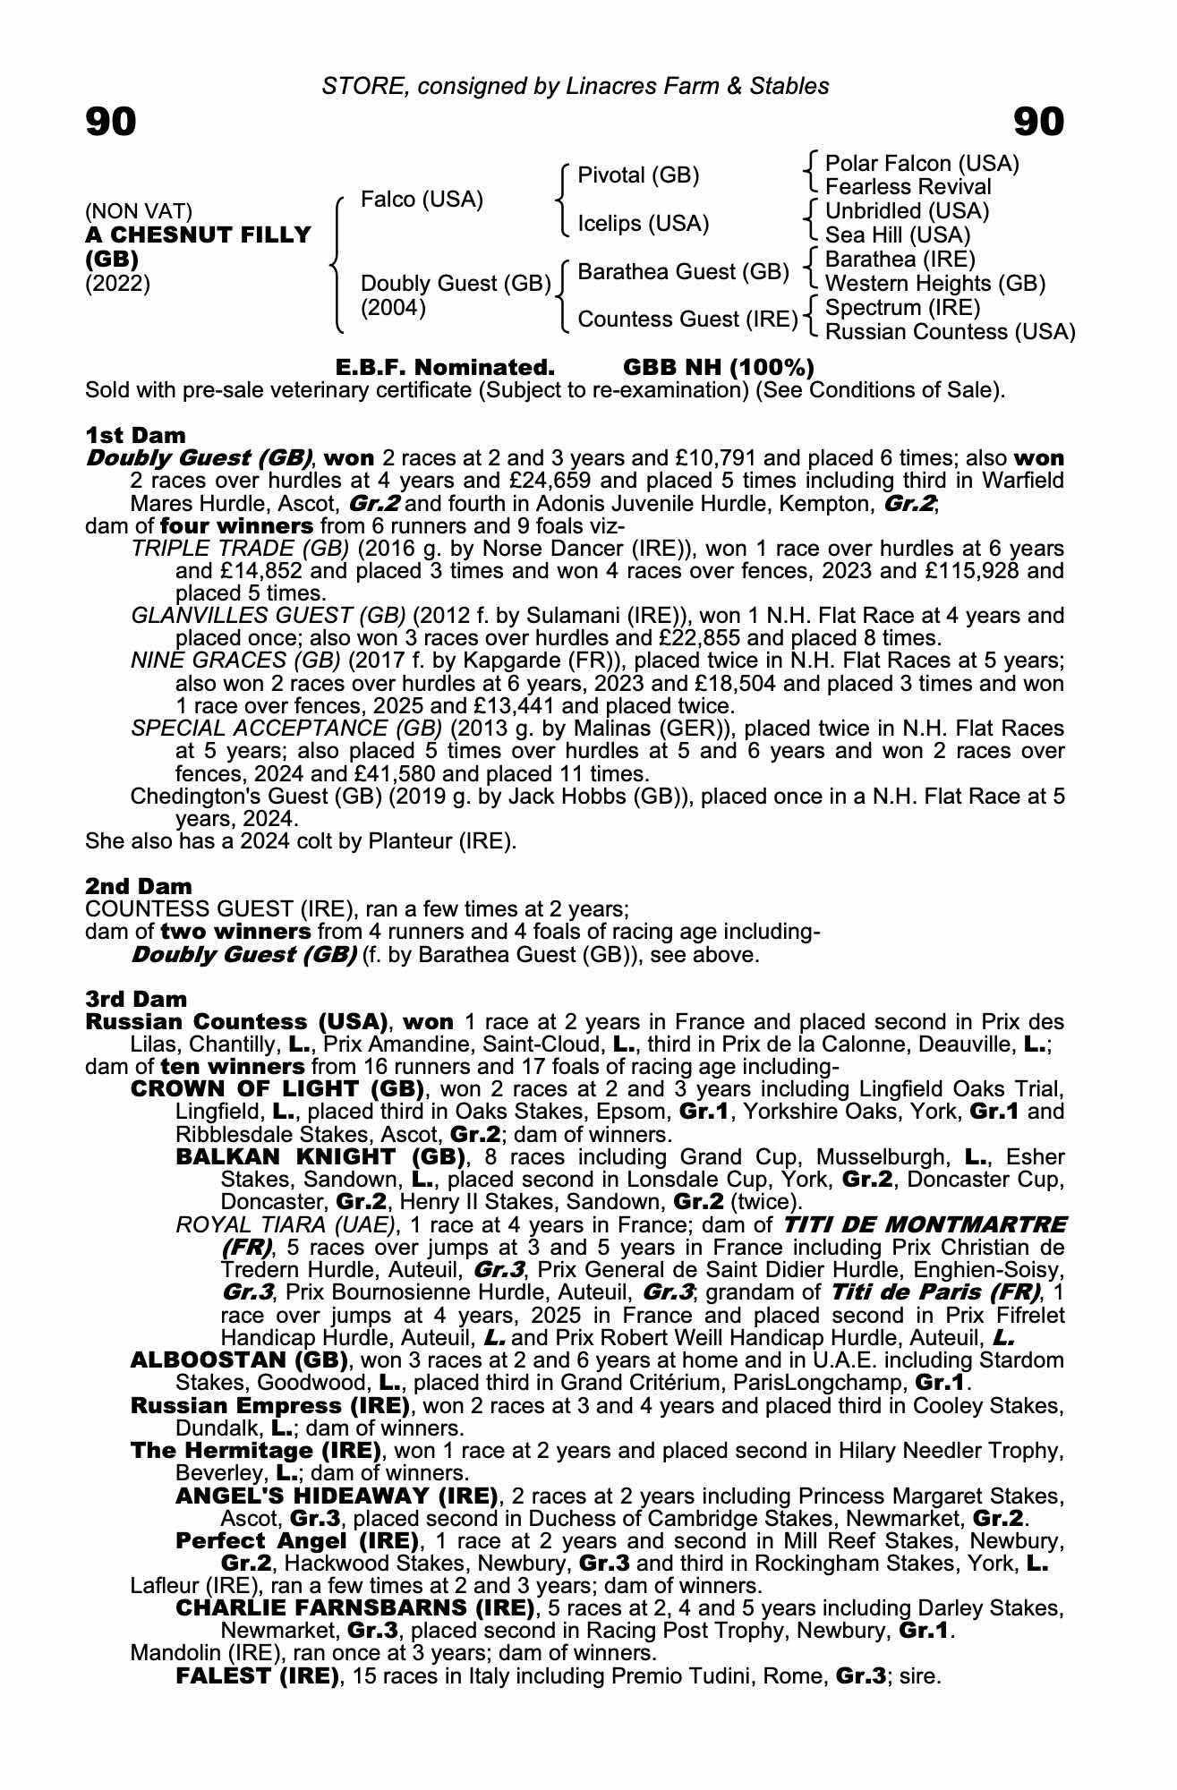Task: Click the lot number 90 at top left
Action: tap(111, 122)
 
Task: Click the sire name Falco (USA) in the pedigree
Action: tap(422, 199)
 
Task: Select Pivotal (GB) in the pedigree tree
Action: tap(638, 175)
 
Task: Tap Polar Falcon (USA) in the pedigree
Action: tap(922, 164)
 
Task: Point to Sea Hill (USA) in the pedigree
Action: tap(898, 235)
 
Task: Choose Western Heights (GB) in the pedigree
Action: tap(935, 284)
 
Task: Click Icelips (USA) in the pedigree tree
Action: tap(644, 223)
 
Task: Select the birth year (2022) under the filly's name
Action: tap(117, 284)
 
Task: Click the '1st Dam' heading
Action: tap(136, 435)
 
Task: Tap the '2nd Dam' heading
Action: tap(139, 886)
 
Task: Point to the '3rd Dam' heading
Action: tap(137, 999)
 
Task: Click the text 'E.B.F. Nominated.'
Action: tap(445, 368)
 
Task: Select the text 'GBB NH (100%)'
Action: tap(718, 368)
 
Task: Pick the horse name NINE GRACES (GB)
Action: tap(235, 661)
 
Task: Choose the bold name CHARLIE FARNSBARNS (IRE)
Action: tap(355, 1607)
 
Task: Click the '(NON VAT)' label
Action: tap(139, 211)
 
